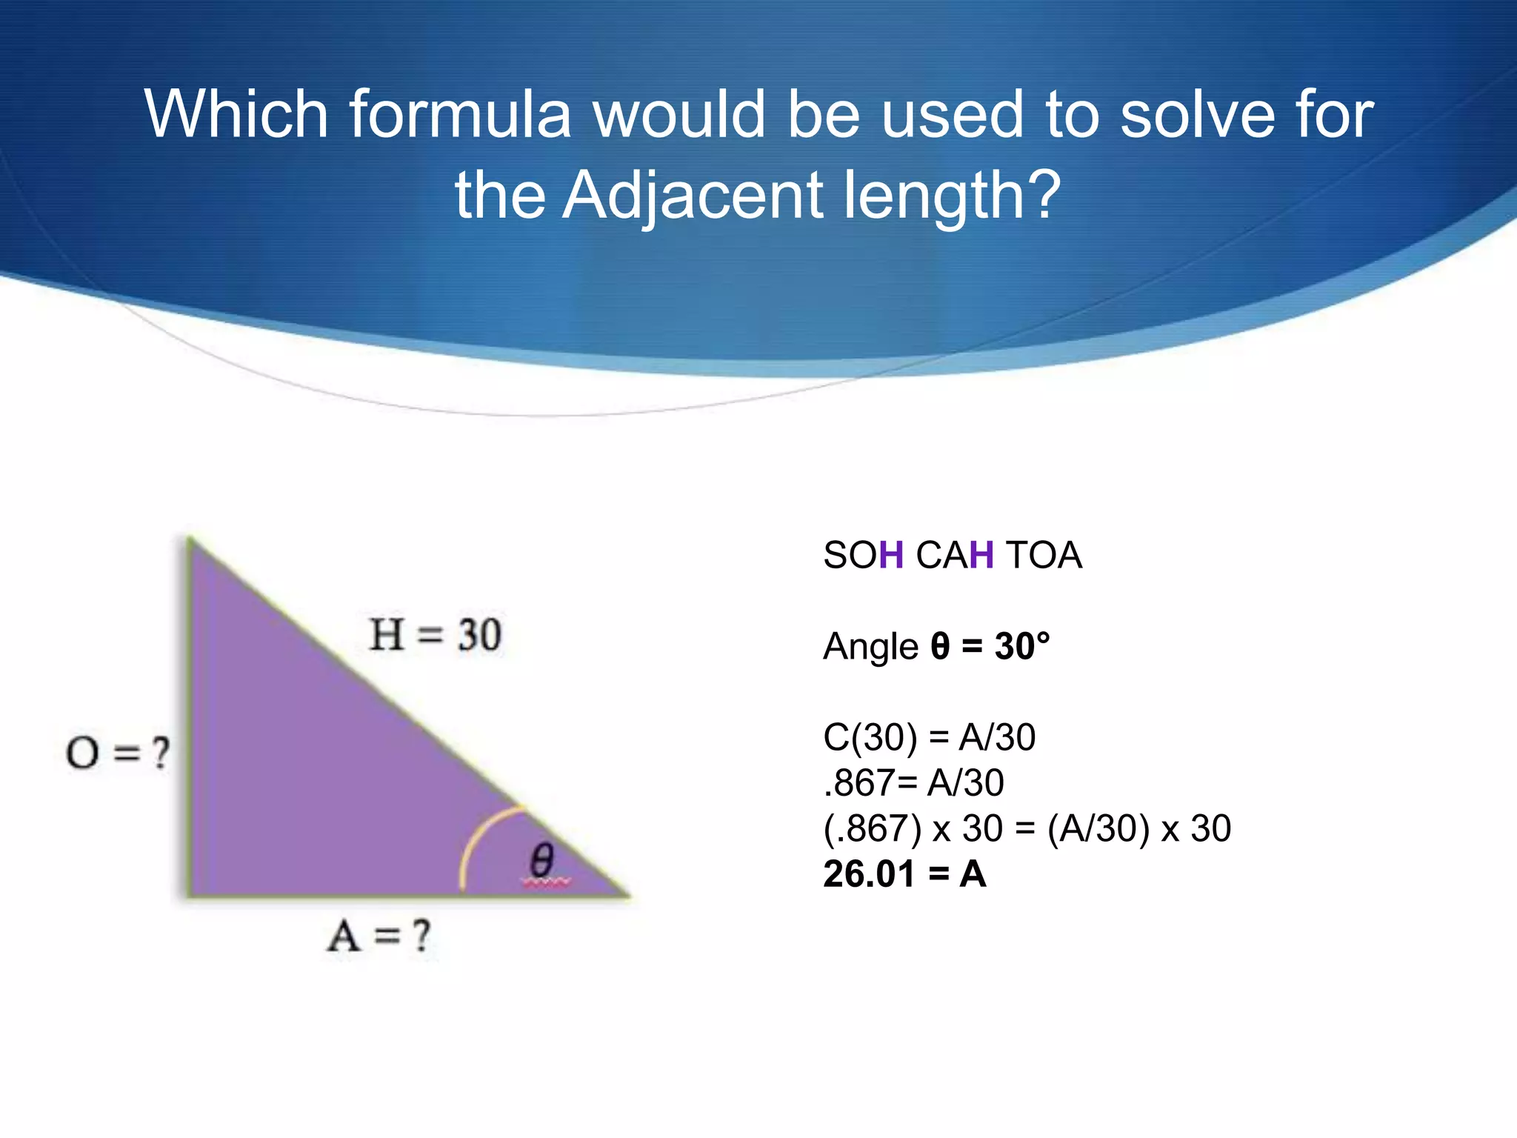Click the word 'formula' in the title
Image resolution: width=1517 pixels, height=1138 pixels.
(460, 115)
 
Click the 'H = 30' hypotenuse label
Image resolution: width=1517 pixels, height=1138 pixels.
(436, 635)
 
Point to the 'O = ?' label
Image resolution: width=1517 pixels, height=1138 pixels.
(118, 753)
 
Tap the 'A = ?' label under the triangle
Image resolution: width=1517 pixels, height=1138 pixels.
(379, 936)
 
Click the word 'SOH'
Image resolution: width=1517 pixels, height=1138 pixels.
(863, 555)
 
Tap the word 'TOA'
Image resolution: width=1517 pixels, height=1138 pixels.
(1044, 555)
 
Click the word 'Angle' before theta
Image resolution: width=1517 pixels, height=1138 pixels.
(870, 647)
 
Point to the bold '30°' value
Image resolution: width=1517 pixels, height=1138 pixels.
(1022, 646)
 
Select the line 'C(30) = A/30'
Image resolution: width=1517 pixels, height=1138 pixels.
(929, 737)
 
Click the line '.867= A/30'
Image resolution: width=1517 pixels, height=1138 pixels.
(913, 783)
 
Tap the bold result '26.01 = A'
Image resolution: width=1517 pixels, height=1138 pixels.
(904, 874)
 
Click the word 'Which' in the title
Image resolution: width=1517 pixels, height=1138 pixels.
(236, 115)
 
